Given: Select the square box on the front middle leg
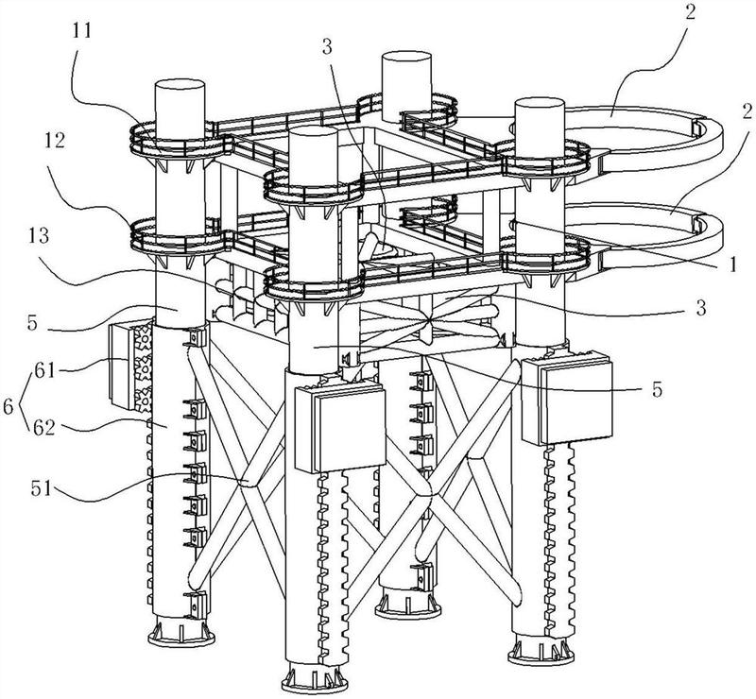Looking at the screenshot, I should coord(339,429).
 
